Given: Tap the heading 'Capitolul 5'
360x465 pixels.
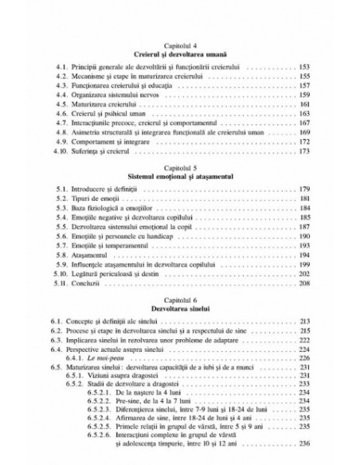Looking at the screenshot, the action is click(x=179, y=170).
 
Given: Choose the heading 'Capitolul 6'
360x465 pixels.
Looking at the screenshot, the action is click(x=179, y=294).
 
